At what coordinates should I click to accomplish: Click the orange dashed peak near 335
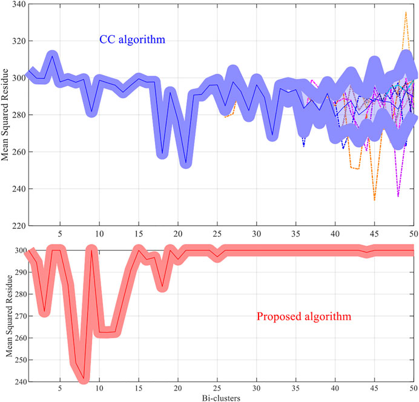pyautogui.click(x=406, y=12)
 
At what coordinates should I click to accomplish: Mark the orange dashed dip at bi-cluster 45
pyautogui.click(x=374, y=200)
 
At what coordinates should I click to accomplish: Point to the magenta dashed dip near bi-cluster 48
pyautogui.click(x=398, y=196)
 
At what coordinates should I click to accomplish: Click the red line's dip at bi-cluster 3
pyautogui.click(x=44, y=311)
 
